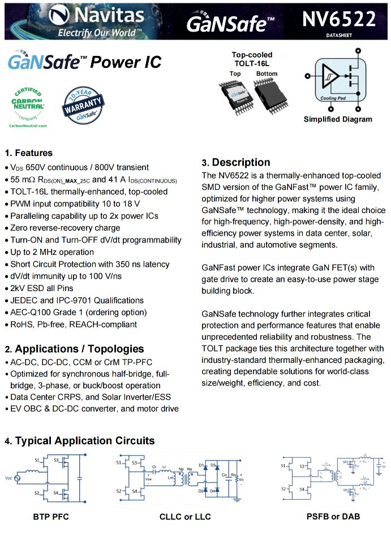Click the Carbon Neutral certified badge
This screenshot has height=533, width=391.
(x=28, y=103)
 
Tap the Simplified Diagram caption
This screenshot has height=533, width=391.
(x=338, y=119)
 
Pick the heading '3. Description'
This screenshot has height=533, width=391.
(x=236, y=162)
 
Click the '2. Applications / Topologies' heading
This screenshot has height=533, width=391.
(x=74, y=349)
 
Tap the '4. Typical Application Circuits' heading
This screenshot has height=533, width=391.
(x=79, y=440)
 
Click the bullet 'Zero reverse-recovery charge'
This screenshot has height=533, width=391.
(x=65, y=228)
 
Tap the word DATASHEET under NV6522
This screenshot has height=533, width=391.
(x=338, y=35)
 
